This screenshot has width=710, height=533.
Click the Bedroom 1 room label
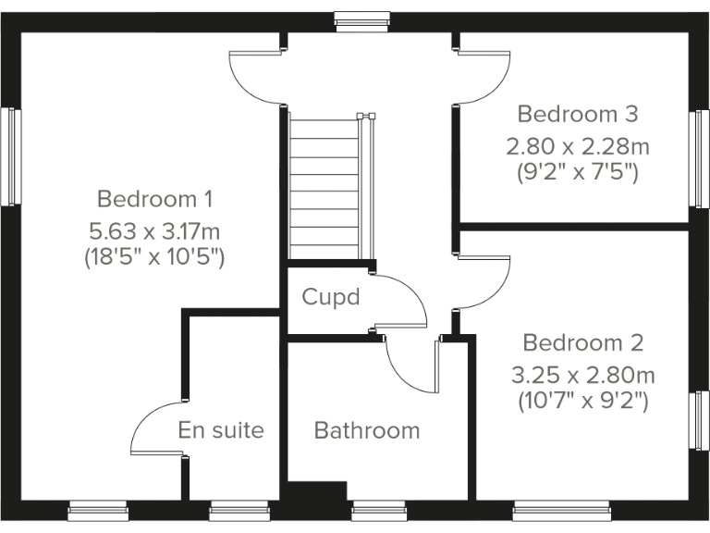[155, 198]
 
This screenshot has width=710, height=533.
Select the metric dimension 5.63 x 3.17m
[155, 229]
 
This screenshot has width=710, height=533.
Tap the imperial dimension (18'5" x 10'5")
[155, 256]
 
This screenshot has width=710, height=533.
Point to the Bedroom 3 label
[577, 115]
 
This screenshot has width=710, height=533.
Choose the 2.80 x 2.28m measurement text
[577, 145]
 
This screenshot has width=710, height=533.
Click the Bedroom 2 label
[582, 343]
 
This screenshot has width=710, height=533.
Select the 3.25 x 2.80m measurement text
[582, 375]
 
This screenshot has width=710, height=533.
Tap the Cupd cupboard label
[330, 298]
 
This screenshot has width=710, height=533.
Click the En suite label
[221, 430]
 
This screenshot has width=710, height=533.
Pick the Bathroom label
[367, 430]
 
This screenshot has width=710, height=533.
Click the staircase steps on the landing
[324, 185]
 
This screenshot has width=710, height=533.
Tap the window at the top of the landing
[361, 20]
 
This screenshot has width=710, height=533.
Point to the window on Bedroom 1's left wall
[12, 155]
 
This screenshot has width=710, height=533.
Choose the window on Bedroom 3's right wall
[700, 159]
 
